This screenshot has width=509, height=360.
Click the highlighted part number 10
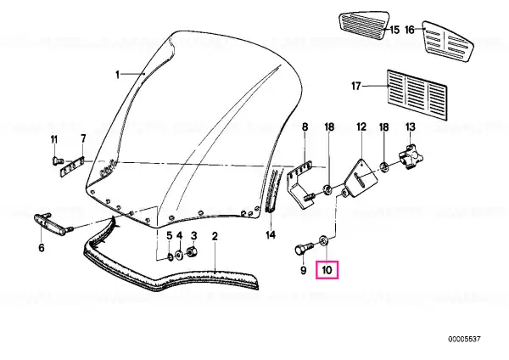(x=327, y=270)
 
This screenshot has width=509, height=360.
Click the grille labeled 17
(x=417, y=94)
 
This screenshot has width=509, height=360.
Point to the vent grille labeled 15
(x=363, y=23)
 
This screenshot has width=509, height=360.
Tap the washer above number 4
(x=178, y=255)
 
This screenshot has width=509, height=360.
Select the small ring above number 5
(x=170, y=258)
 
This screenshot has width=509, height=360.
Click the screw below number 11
(x=57, y=160)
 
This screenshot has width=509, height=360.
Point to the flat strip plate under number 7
(x=73, y=166)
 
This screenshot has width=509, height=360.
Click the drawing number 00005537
(x=464, y=340)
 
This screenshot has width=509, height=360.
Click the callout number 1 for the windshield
(x=118, y=75)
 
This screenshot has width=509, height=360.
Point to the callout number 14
(x=271, y=234)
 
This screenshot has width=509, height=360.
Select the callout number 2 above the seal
(x=215, y=236)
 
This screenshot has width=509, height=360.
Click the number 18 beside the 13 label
(x=383, y=127)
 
